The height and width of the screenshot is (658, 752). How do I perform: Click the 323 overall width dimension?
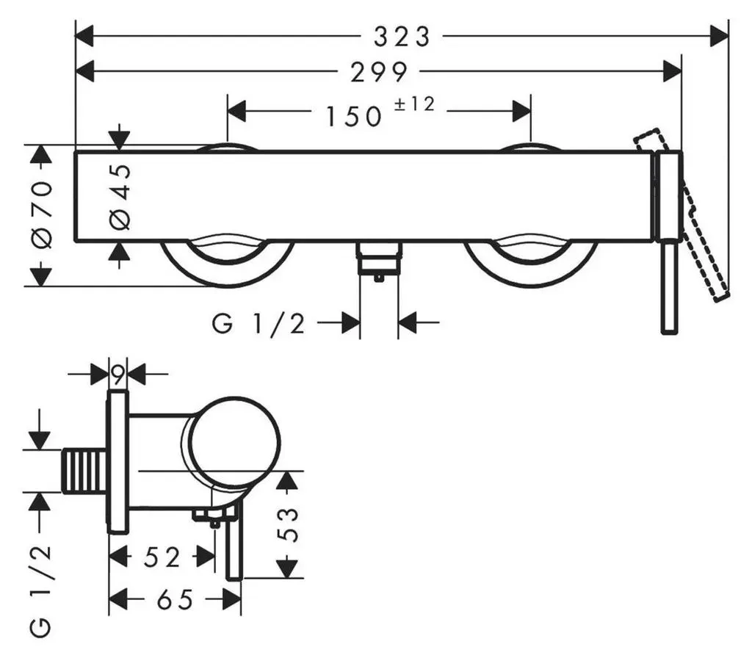click(x=402, y=37)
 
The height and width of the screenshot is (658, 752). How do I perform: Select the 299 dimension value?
click(x=379, y=73)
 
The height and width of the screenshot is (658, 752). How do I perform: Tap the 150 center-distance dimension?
click(x=354, y=117)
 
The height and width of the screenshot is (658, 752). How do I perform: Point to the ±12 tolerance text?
click(x=415, y=104)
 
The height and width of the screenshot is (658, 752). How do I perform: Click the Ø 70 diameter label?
click(x=42, y=214)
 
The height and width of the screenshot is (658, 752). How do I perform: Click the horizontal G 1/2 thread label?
click(x=258, y=324)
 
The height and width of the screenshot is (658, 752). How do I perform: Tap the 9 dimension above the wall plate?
click(x=118, y=373)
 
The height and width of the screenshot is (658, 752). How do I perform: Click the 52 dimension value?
click(x=162, y=557)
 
